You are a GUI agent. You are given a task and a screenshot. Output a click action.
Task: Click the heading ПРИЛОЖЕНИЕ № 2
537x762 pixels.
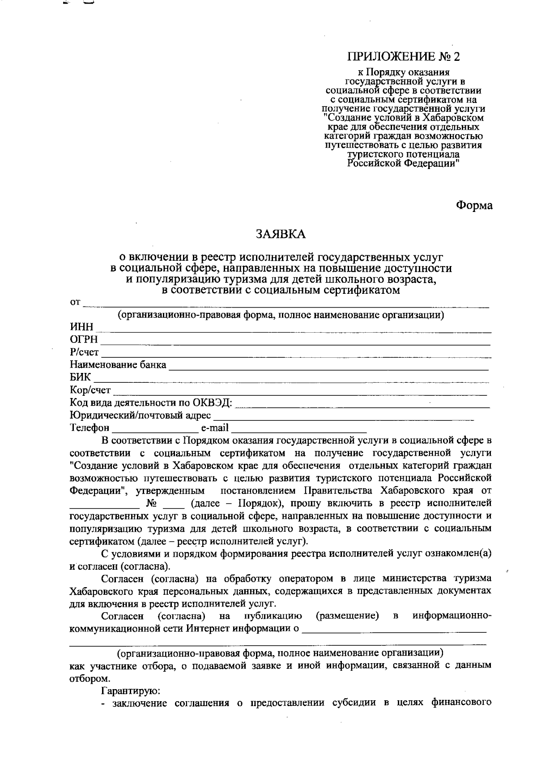click(x=404, y=57)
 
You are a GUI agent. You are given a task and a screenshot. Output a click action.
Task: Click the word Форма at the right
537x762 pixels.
click(x=474, y=205)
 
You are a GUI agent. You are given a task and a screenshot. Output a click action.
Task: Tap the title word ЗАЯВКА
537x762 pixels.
click(x=281, y=234)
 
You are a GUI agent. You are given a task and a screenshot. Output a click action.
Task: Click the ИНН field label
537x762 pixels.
click(x=81, y=328)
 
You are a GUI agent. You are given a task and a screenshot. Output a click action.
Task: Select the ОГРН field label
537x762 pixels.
click(x=84, y=340)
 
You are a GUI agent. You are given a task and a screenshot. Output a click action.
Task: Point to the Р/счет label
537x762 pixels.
click(x=84, y=352)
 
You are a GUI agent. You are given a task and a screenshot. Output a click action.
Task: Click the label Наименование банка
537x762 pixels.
click(x=118, y=365)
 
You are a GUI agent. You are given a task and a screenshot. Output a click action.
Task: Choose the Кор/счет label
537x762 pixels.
click(x=90, y=390)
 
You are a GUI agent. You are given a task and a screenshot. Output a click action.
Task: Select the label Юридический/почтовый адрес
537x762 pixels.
click(x=141, y=415)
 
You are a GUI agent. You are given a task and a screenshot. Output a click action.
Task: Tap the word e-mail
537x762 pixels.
click(x=215, y=428)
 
